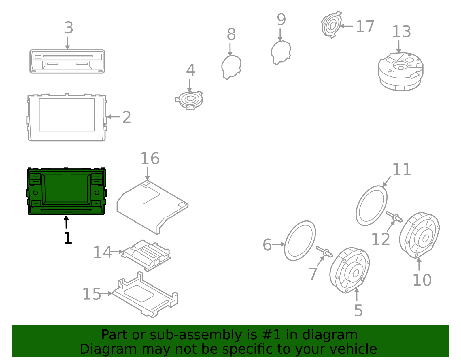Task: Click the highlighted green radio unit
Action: pyautogui.click(x=66, y=191)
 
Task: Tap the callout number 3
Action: pyautogui.click(x=69, y=28)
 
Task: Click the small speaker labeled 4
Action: pyautogui.click(x=190, y=100)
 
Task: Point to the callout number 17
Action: pyautogui.click(x=365, y=27)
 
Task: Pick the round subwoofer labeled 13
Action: pyautogui.click(x=400, y=71)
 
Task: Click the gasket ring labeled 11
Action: pyautogui.click(x=371, y=206)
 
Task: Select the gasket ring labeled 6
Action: pyautogui.click(x=300, y=241)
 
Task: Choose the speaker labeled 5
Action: pyautogui.click(x=350, y=270)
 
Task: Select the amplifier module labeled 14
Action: pyautogui.click(x=146, y=255)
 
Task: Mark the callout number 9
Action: pyautogui.click(x=281, y=20)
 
